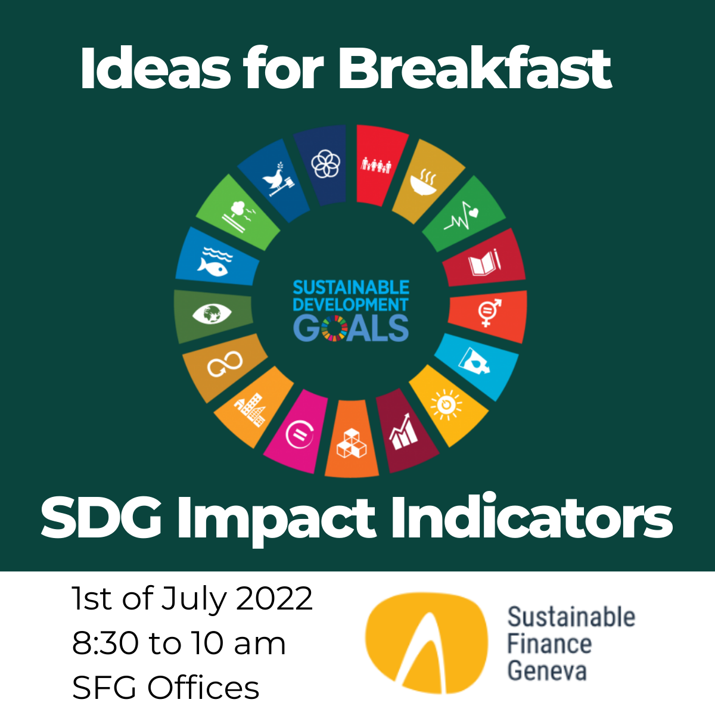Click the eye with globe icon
click(x=212, y=313)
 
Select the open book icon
click(x=484, y=263)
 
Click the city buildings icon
click(x=251, y=408)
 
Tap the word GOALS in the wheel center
click(x=351, y=328)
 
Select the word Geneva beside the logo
click(x=547, y=671)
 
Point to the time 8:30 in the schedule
click(x=105, y=643)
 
